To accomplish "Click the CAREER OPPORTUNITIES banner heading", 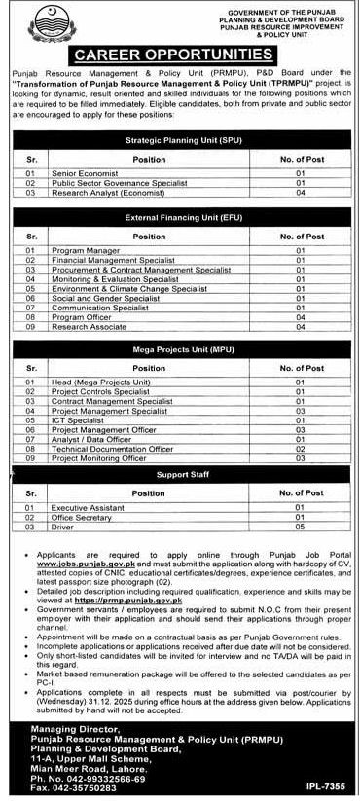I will point(179,54).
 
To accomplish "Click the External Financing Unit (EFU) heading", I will point(179,219).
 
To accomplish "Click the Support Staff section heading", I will point(179,476).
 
